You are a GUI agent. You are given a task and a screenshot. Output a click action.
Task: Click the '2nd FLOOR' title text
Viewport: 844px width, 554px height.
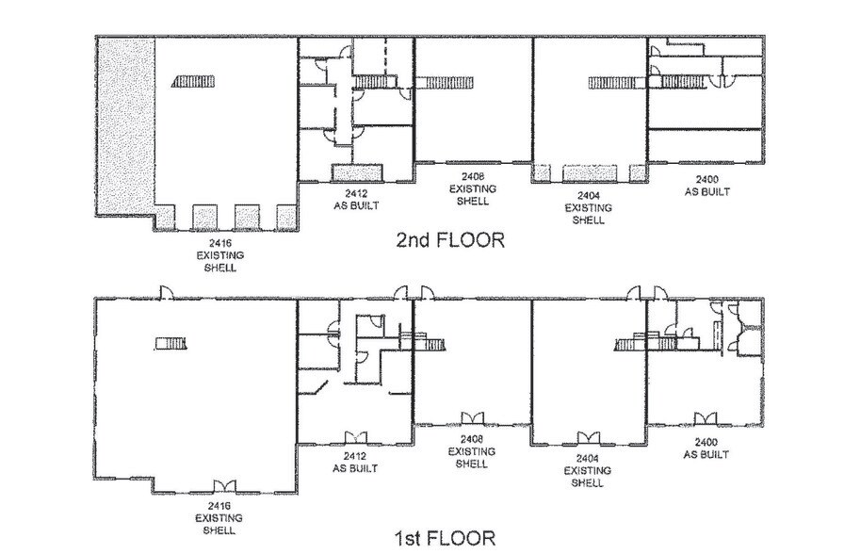450,240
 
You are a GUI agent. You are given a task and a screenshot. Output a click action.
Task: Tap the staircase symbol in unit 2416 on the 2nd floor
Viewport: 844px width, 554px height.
195,83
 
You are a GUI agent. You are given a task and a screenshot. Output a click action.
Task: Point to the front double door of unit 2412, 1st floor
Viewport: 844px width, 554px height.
354,437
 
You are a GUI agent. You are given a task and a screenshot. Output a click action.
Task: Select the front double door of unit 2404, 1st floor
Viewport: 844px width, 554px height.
588,437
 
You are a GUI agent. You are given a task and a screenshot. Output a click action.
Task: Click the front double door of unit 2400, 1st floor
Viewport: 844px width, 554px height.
704,418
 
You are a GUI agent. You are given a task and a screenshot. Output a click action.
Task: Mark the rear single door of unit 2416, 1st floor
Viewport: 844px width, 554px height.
166,292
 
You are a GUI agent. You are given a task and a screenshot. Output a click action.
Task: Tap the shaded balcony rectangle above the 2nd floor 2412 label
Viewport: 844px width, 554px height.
357,172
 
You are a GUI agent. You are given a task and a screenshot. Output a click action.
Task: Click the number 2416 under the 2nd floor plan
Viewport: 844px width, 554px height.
220,243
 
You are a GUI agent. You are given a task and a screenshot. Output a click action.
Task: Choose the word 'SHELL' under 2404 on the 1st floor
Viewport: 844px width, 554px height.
588,483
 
